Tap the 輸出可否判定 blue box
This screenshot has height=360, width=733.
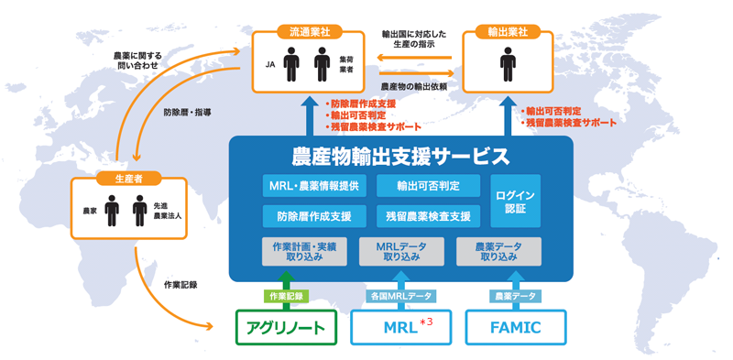pos(428,187)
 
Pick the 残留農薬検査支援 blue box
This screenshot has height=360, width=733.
pos(428,217)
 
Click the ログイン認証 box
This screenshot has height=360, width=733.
pos(516,202)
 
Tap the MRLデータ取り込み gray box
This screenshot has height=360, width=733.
pos(401,252)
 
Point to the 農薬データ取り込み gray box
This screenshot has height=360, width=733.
pos(498,252)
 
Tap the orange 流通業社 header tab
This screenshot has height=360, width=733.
pos(309,32)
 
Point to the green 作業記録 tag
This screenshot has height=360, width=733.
pos(285,296)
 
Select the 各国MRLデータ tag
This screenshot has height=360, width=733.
pos(401,296)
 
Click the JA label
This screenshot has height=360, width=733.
pos(269,66)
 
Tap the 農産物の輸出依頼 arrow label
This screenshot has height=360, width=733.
pos(413,86)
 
